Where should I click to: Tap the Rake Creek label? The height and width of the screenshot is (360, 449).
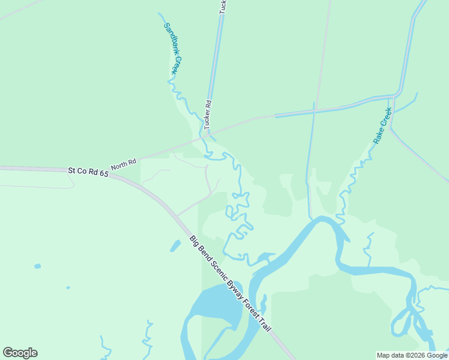tap(382, 125)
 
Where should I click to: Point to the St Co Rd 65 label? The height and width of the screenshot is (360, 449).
tap(88, 172)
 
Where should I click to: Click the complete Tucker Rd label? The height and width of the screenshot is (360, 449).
tap(208, 114)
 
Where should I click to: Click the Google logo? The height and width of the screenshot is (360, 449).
tap(20, 353)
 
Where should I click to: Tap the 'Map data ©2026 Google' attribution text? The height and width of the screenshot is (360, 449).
tap(412, 355)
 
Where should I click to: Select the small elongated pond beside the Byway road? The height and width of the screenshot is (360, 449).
tap(175, 245)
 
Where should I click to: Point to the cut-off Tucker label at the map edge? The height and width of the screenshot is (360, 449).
tap(223, 7)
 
